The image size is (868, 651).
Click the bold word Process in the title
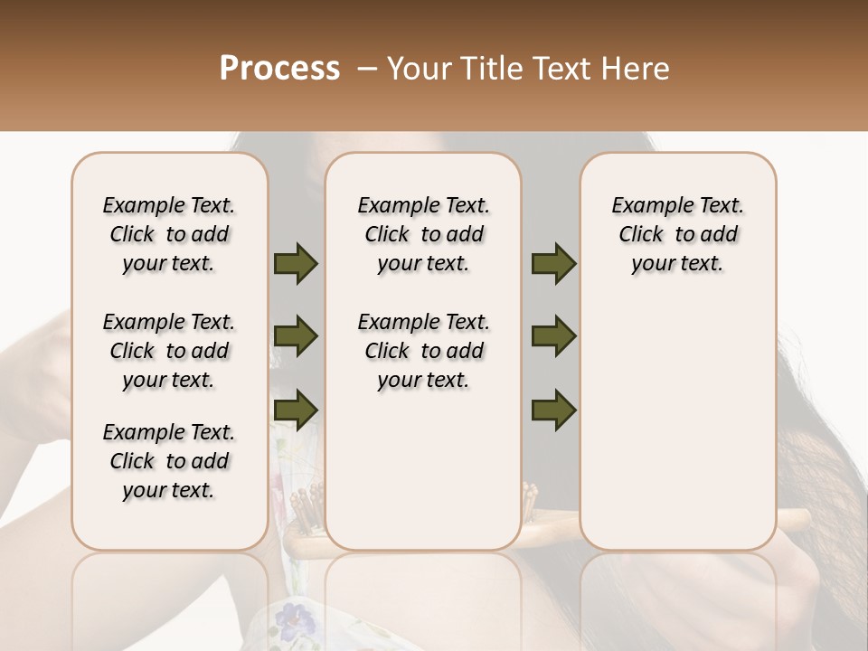[279, 69]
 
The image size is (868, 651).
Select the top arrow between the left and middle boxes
[296, 264]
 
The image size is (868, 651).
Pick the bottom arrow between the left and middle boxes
[296, 410]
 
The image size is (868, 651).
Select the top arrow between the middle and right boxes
[553, 264]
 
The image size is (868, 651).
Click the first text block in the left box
[169, 234]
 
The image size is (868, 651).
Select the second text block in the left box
[169, 351]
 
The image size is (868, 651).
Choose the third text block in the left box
[169, 461]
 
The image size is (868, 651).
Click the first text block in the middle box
[423, 234]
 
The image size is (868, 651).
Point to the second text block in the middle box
[423, 351]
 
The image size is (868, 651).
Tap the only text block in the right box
[677, 234]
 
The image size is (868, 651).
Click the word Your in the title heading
[420, 69]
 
